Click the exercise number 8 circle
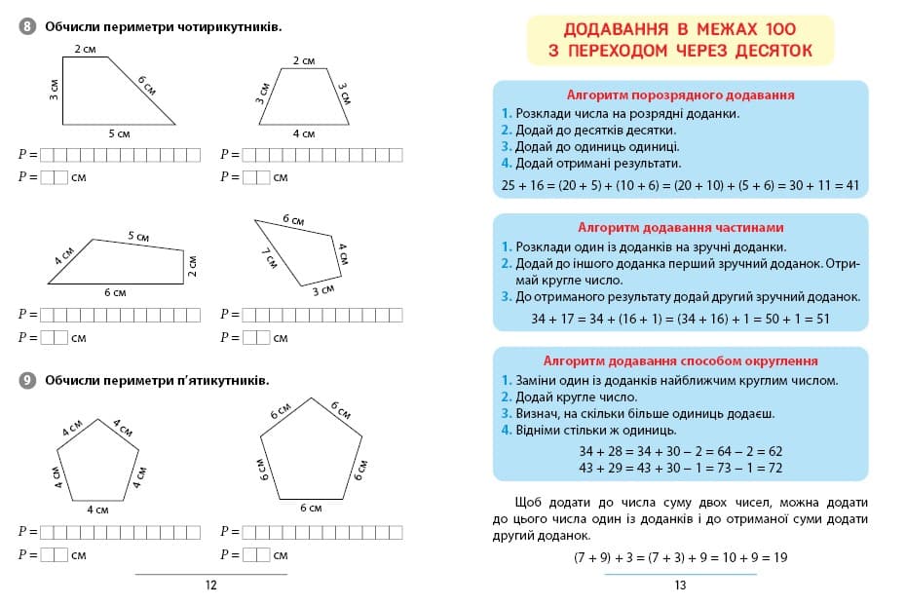pos(27,26)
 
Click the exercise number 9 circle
pos(27,380)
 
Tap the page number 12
pos(211,586)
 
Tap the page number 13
pos(680,586)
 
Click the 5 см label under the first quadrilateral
pos(118,133)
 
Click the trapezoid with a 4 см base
pos(303,97)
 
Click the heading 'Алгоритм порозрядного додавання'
pos(680,95)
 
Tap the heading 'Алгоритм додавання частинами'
pos(680,228)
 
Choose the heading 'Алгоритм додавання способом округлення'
pos(680,360)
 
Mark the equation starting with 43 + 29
pos(680,468)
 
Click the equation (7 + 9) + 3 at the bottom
pos(680,557)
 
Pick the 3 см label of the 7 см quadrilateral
pos(323,289)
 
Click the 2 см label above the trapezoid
pos(303,60)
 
